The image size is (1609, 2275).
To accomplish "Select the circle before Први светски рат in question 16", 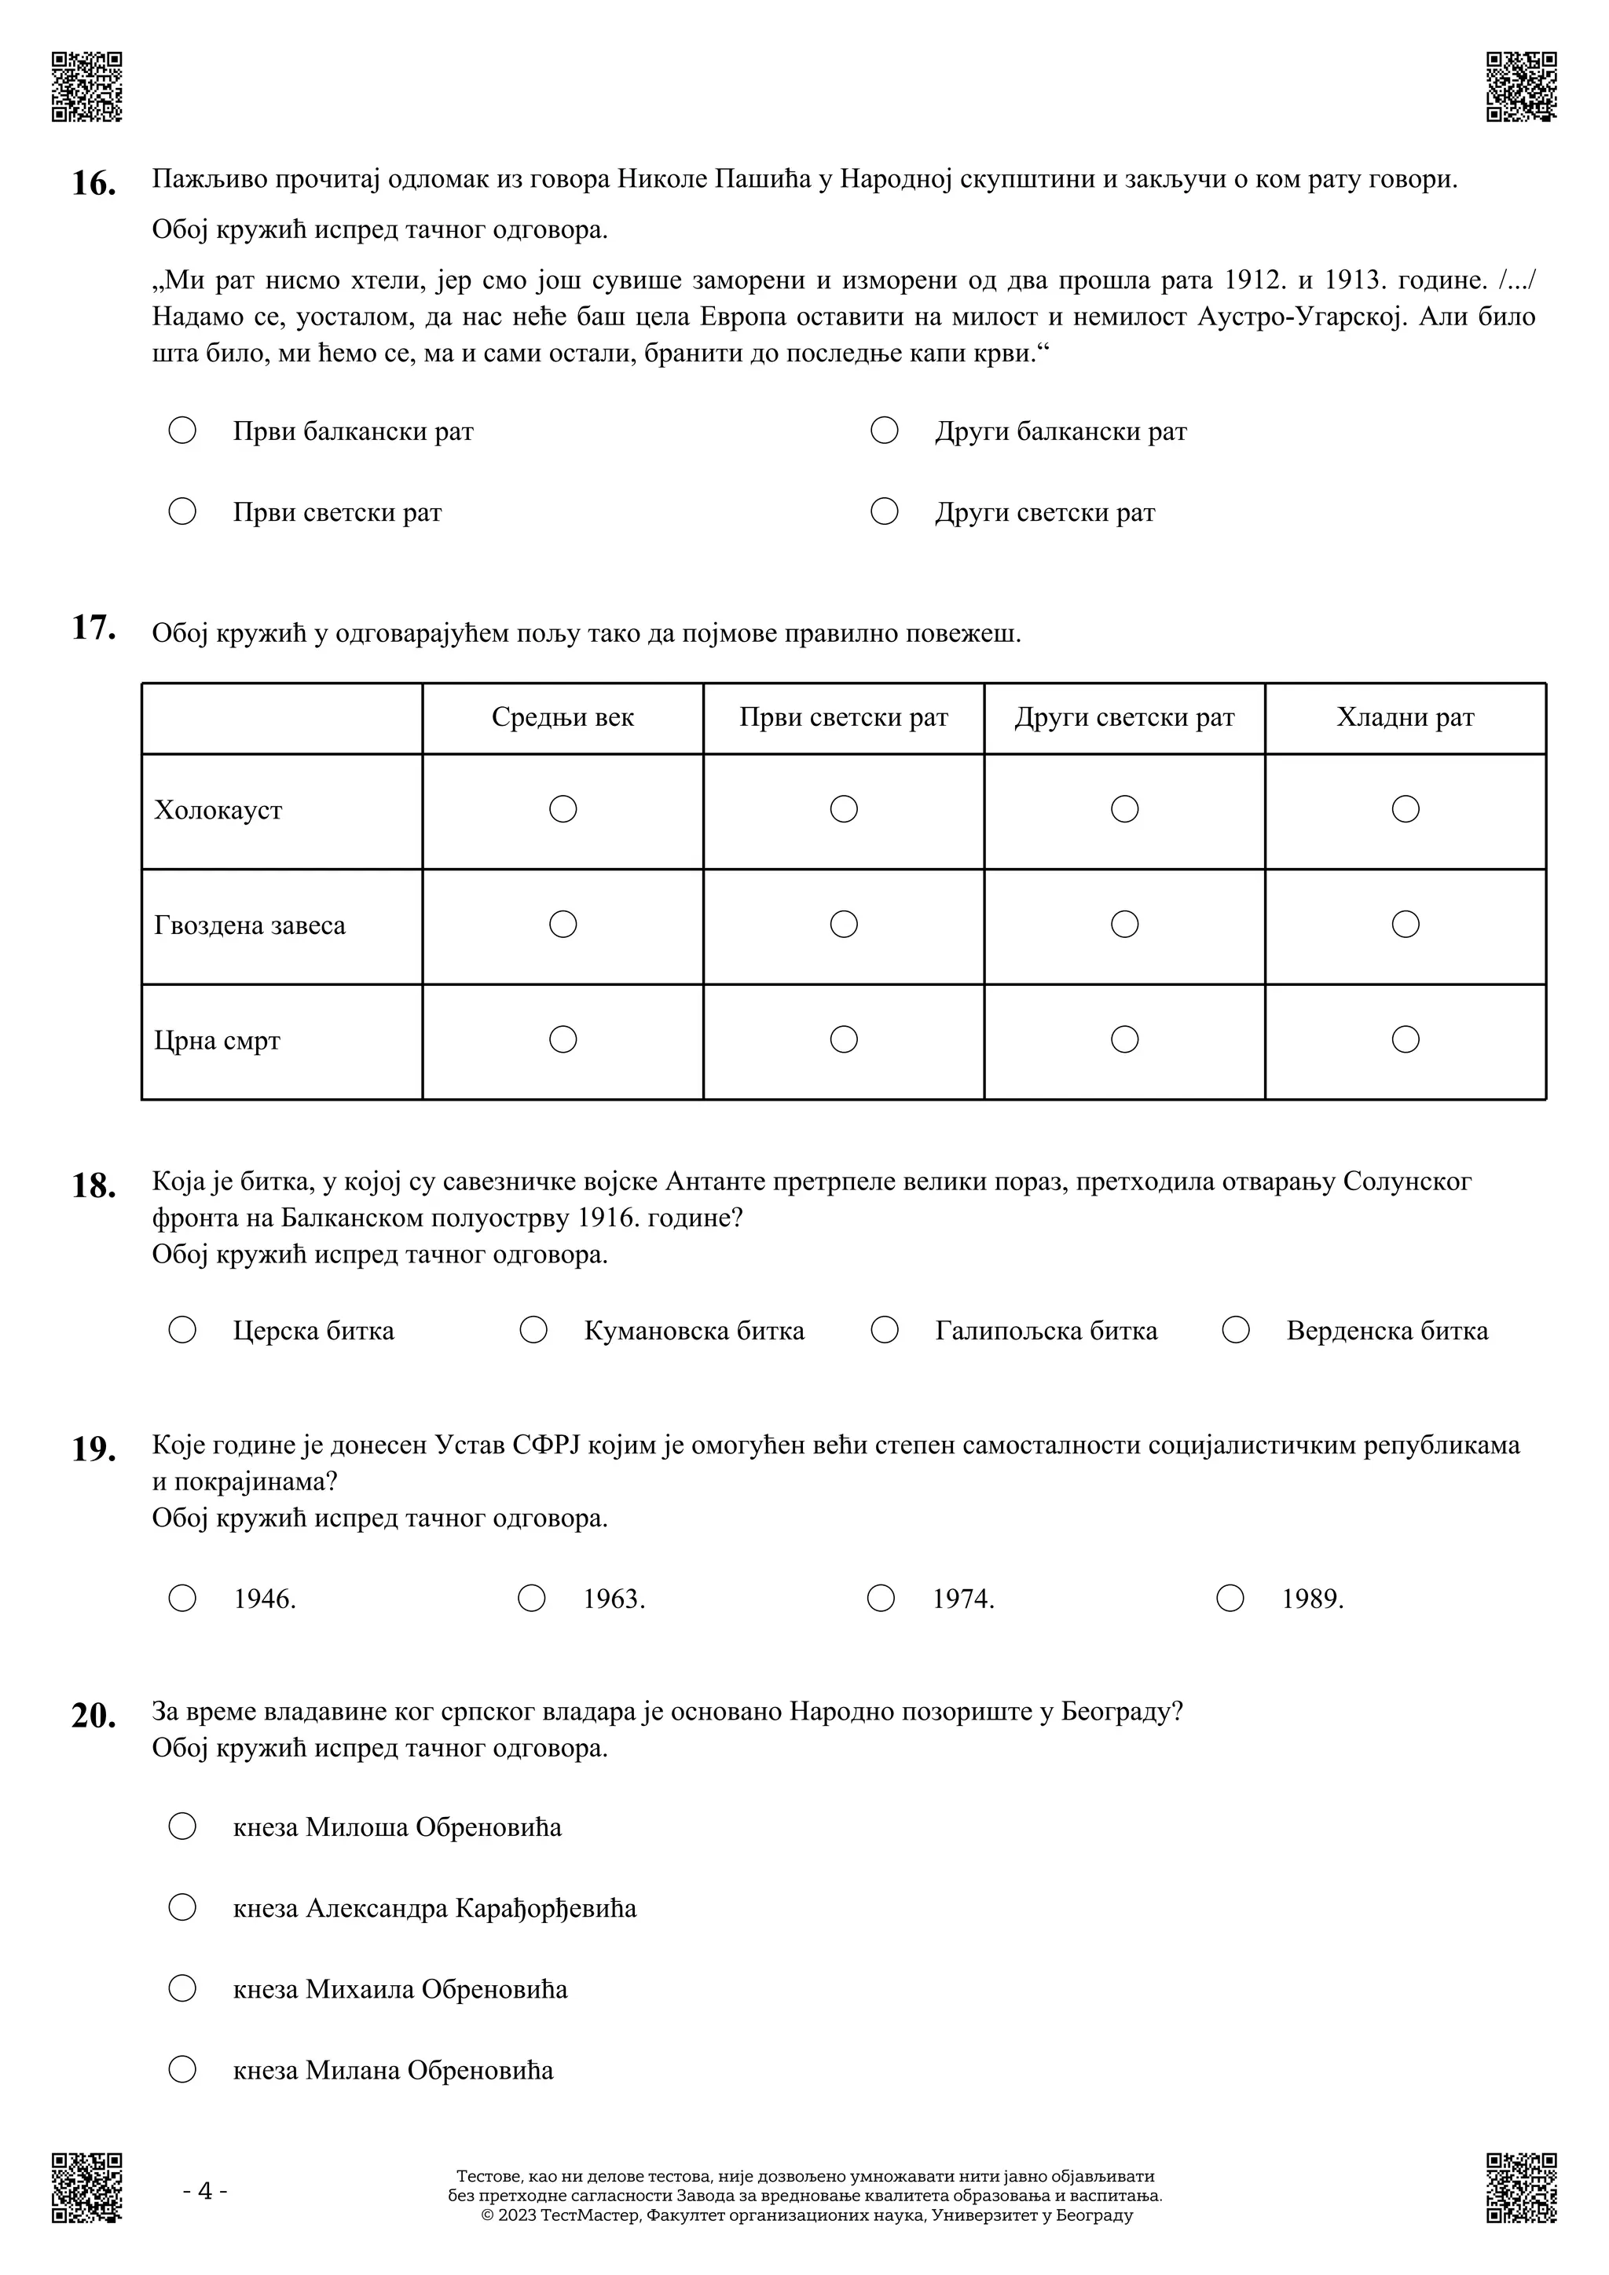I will click(x=182, y=511).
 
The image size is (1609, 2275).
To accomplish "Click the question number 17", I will click(x=93, y=628).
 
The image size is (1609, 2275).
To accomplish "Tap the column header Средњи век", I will click(x=562, y=717).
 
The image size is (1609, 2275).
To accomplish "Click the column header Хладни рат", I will click(x=1404, y=717).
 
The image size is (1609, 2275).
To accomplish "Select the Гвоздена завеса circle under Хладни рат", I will click(x=1405, y=924).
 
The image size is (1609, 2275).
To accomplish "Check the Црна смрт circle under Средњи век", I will click(x=563, y=1039).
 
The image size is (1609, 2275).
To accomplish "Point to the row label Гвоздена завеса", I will click(x=250, y=925).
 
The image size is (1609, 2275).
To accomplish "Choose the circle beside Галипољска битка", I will click(x=884, y=1330).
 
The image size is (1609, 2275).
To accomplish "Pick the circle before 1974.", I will click(x=880, y=1599).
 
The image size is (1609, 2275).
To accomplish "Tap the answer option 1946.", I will click(x=265, y=1599).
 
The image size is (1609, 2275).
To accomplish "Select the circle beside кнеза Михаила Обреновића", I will click(x=182, y=1987).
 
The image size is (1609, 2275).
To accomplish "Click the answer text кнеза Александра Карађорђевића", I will click(x=434, y=1907).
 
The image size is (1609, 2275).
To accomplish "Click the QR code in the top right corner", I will click(x=1521, y=87).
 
